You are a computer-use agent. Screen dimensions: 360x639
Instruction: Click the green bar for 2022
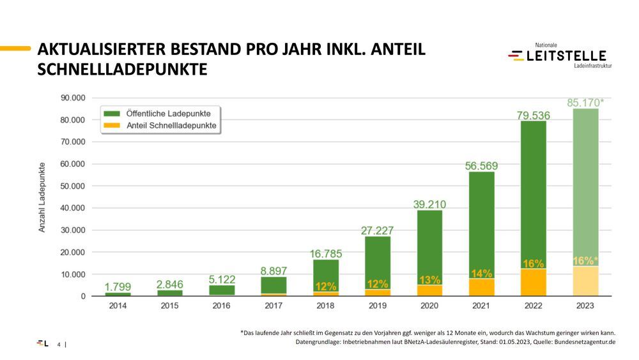[x=533, y=192]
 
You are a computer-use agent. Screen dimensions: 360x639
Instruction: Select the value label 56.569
[x=481, y=166]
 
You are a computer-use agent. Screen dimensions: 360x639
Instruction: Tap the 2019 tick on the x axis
[x=377, y=306]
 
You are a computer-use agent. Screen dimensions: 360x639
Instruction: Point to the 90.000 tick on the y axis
[x=73, y=98]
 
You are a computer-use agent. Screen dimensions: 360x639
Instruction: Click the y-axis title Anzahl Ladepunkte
[x=42, y=196]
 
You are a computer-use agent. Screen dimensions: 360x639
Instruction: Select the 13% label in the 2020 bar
[x=429, y=279]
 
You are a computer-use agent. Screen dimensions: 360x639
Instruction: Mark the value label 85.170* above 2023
[x=585, y=102]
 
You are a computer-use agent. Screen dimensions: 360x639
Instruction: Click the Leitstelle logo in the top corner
[x=558, y=56]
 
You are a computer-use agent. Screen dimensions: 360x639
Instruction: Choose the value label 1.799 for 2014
[x=118, y=287]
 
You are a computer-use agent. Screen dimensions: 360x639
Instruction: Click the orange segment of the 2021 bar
[x=481, y=287]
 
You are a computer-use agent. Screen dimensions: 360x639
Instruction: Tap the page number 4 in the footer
[x=59, y=345]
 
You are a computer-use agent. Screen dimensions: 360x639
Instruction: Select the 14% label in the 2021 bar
[x=481, y=274]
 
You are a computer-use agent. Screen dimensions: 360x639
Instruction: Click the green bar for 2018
[x=325, y=272]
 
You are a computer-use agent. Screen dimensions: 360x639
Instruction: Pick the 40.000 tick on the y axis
[x=73, y=208]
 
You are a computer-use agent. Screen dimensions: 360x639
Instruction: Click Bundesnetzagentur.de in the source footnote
[x=577, y=342]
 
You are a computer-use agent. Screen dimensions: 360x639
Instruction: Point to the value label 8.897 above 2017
[x=273, y=271]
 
